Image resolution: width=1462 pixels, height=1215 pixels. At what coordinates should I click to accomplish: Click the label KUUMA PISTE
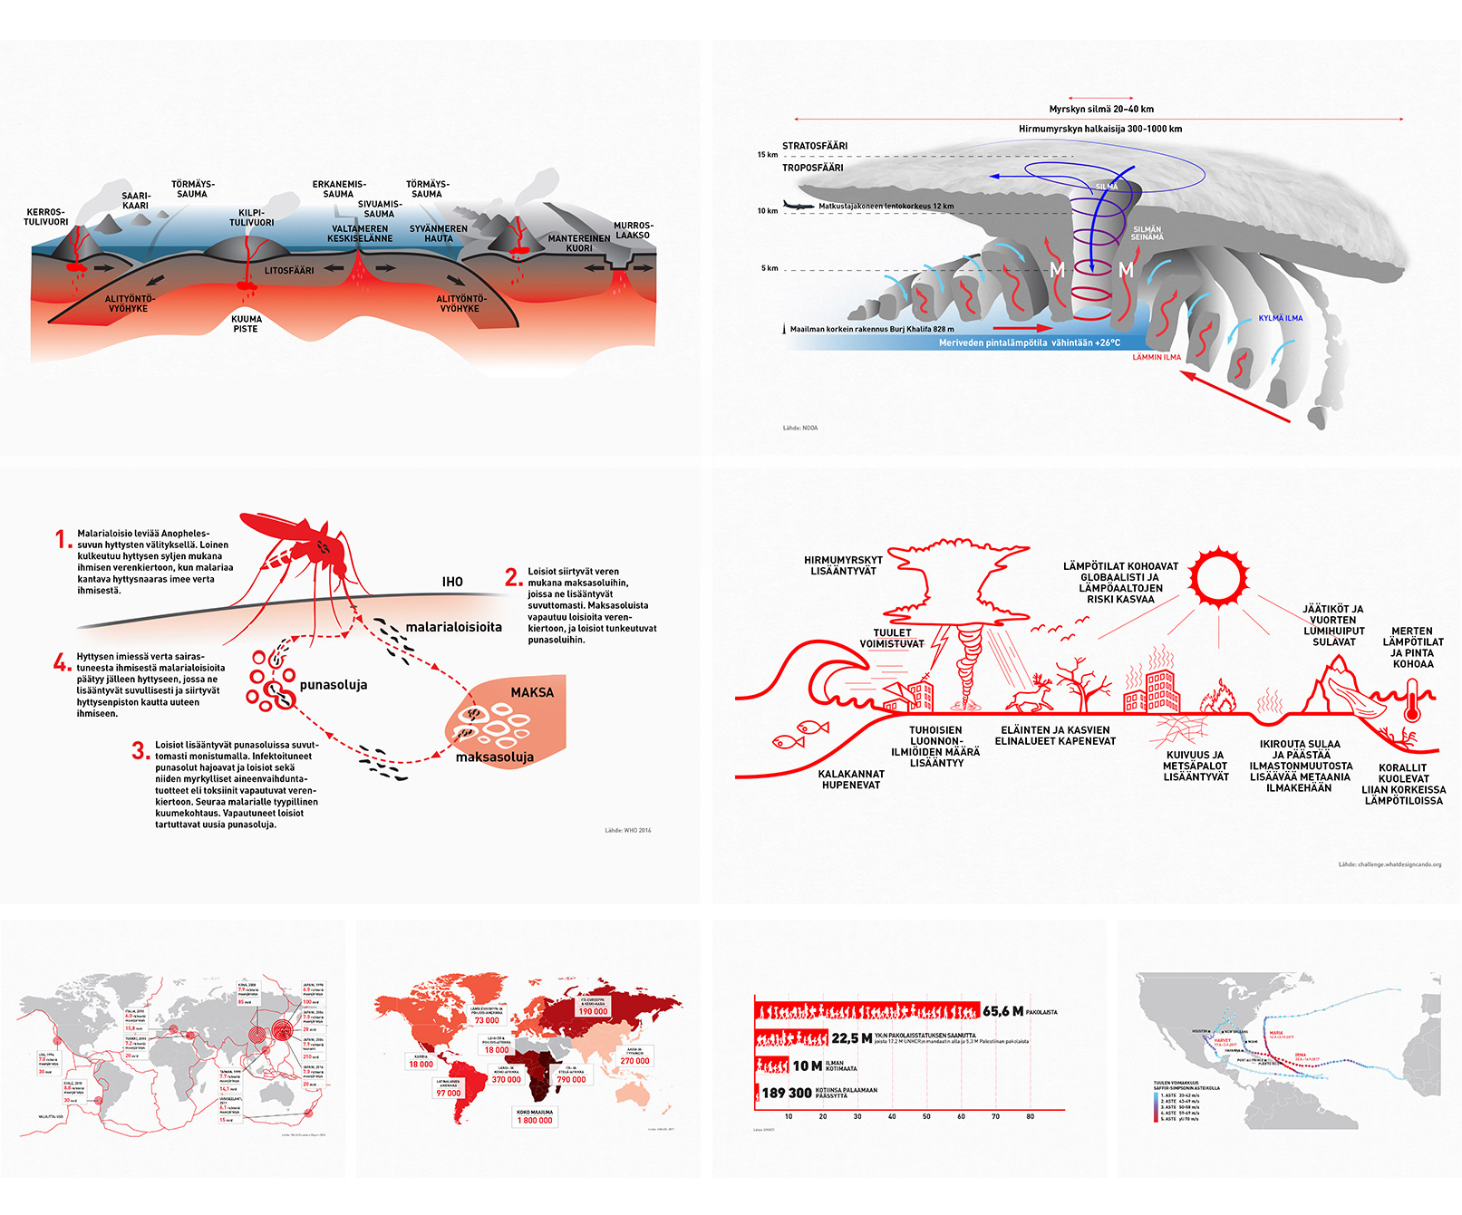[246, 323]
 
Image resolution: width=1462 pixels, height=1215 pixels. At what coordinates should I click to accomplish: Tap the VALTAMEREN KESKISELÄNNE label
[360, 234]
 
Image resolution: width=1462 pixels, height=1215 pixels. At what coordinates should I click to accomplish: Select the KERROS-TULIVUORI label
[45, 217]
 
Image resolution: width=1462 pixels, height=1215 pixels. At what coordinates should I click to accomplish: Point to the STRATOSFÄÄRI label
[815, 146]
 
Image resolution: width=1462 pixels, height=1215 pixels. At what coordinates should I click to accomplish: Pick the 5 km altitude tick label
[769, 268]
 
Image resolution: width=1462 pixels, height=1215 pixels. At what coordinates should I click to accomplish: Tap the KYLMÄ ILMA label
[1280, 318]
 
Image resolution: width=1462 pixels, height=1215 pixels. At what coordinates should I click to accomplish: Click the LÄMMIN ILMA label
[1157, 357]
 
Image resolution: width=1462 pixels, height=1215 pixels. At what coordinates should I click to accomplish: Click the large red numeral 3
[140, 750]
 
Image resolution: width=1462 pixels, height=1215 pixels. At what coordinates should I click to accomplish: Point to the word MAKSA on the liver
[532, 692]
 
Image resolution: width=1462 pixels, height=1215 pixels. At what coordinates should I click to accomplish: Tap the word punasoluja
[334, 685]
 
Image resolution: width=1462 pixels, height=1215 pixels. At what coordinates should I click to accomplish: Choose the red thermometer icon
[1410, 703]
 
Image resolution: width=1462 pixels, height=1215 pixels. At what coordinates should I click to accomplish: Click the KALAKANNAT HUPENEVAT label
[851, 779]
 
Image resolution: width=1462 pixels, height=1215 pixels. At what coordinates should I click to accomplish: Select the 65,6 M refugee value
[1002, 1011]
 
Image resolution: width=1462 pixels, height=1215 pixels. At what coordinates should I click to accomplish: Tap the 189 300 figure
[786, 1093]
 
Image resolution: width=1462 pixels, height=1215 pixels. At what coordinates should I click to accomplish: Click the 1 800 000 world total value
[535, 1120]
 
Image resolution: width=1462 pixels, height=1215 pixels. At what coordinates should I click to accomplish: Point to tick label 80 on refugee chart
[1030, 1116]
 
